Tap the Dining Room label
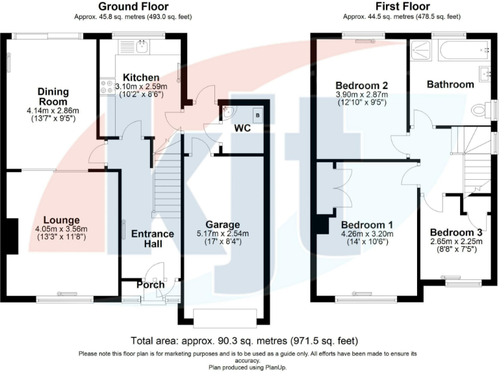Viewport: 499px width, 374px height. click(53, 97)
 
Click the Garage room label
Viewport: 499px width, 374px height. click(223, 225)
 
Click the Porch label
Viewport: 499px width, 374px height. click(150, 284)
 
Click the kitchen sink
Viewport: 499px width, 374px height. click(142, 46)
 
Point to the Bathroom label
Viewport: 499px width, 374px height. click(450, 84)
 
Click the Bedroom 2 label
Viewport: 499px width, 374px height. click(362, 85)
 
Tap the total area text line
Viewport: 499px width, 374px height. click(244, 340)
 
